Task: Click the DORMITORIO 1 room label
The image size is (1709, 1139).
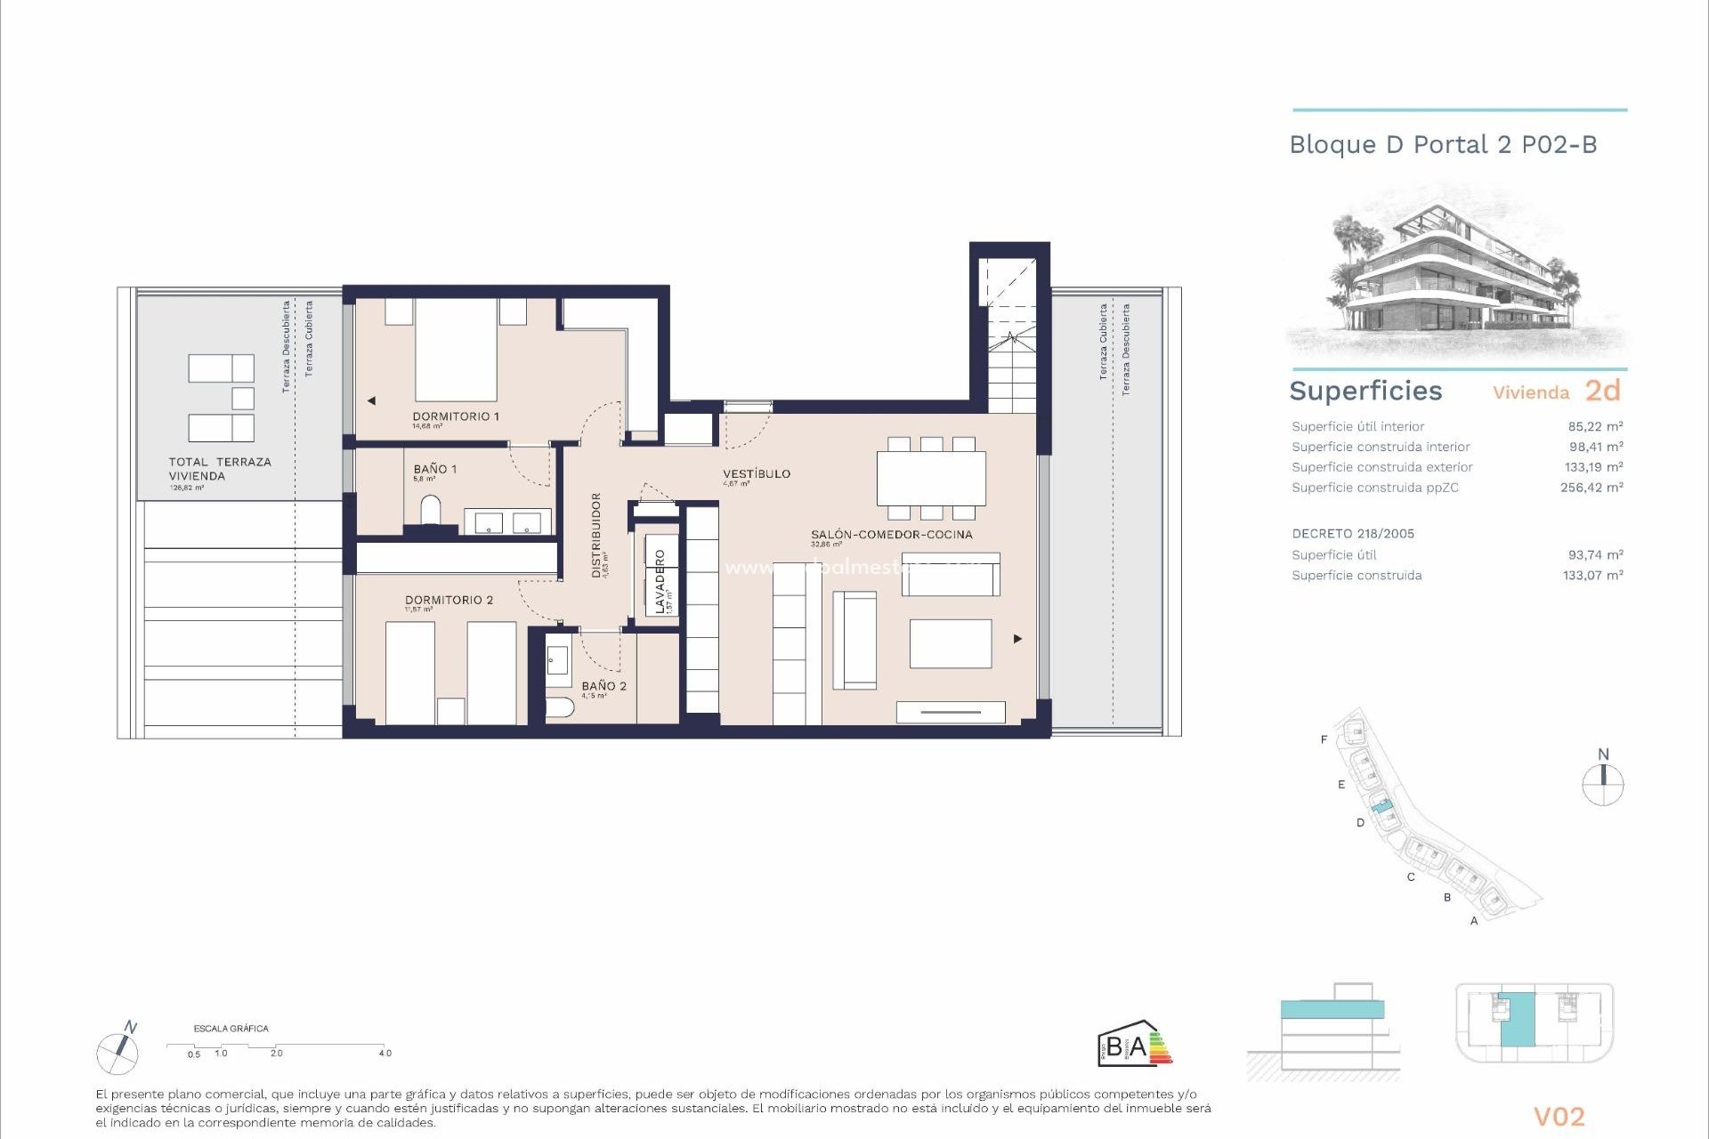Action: coord(455,416)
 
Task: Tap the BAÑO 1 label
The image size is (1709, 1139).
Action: coord(434,469)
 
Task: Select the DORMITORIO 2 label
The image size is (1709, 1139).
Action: coord(449,600)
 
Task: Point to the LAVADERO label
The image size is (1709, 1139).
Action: coord(660,581)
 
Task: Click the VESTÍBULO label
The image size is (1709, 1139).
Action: coord(756,473)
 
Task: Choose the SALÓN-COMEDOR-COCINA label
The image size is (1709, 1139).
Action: coord(891,534)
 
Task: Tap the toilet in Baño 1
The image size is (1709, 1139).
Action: coord(431,511)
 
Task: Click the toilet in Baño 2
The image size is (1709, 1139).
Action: coord(560,708)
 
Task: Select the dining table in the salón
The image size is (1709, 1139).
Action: coord(931,479)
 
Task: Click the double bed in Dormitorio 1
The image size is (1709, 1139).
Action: coord(456,350)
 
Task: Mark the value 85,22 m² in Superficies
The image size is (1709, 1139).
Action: coord(1595,426)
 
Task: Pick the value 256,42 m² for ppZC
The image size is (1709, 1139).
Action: coord(1591,487)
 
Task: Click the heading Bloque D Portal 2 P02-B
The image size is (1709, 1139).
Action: coord(1443,144)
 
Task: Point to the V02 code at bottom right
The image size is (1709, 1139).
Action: coord(1559,1116)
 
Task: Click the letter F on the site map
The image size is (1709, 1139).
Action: coord(1324,739)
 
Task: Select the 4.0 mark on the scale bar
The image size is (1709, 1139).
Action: coord(385,1053)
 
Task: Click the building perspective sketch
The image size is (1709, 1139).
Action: coord(1455,276)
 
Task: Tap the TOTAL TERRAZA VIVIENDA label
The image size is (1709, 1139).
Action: coord(220,469)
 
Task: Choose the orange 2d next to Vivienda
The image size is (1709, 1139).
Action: coord(1602,391)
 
